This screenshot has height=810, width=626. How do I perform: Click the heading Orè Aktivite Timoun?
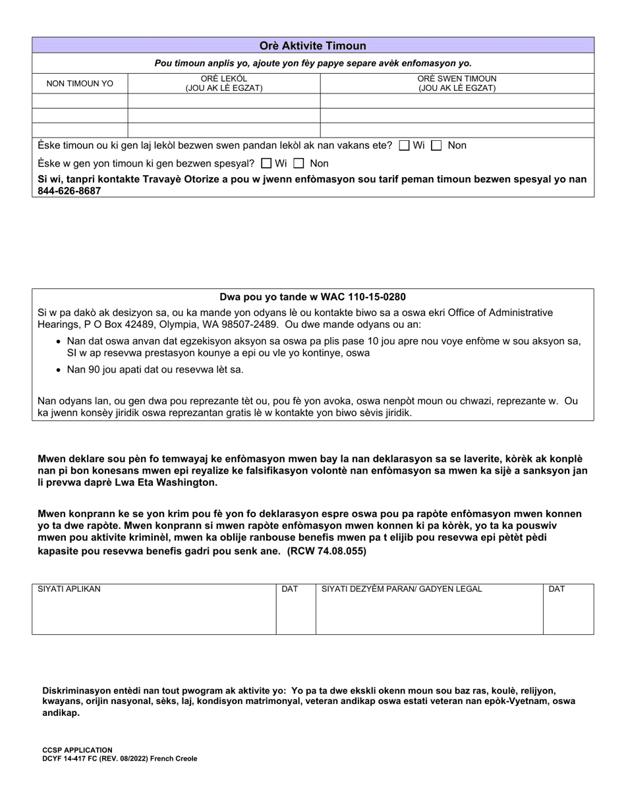coord(313,45)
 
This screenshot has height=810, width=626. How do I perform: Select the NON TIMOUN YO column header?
coord(80,84)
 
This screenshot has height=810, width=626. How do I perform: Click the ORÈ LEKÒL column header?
coord(224,83)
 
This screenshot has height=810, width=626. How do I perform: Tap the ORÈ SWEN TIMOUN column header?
coord(457,83)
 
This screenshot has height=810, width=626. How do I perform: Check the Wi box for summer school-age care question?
coord(405,146)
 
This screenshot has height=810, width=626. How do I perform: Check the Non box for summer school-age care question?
coord(436,146)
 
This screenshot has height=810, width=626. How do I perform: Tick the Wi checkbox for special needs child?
coord(266,163)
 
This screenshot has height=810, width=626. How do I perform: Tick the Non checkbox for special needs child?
coord(299,163)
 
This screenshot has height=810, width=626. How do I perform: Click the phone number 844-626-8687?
coord(69,191)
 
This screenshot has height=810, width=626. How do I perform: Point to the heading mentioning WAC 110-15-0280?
coord(313,297)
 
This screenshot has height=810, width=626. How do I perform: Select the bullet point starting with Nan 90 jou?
coord(155,369)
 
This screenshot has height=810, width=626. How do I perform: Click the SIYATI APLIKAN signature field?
coord(154,612)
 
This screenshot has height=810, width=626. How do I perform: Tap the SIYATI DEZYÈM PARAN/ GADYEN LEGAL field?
coord(430,612)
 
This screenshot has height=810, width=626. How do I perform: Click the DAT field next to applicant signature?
coord(296,612)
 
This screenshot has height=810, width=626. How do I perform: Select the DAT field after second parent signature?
coord(569,612)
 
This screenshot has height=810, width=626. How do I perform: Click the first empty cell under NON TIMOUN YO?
coord(80,101)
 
